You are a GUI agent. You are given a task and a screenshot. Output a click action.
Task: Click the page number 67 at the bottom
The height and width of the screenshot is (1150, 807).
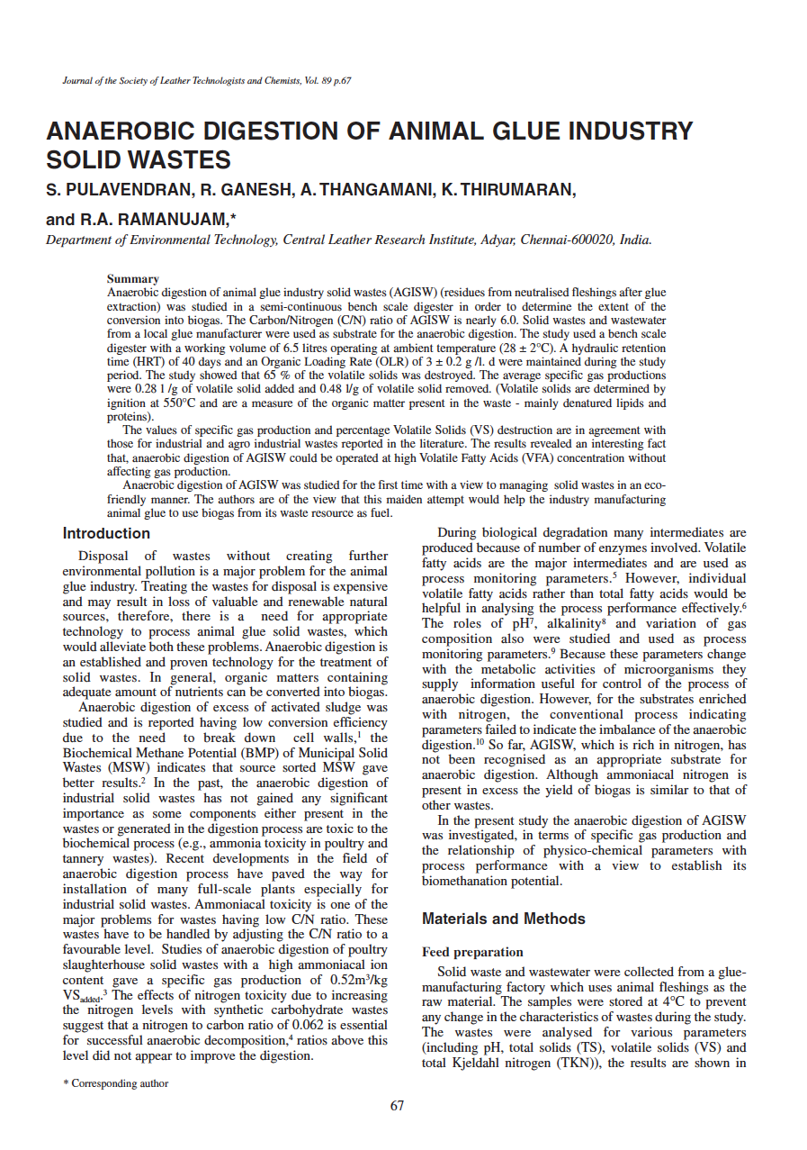(x=397, y=1106)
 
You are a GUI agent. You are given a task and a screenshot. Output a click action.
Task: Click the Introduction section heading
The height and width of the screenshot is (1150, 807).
(x=106, y=533)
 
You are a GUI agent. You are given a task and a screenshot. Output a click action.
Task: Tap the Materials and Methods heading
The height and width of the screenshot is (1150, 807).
(x=503, y=919)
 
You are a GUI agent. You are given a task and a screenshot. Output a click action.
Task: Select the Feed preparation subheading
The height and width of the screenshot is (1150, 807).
(x=472, y=952)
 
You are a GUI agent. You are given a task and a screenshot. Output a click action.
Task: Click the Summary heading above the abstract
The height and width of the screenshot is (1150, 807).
(x=132, y=279)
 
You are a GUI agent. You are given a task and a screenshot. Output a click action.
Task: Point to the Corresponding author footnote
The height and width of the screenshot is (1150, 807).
(x=115, y=1083)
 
